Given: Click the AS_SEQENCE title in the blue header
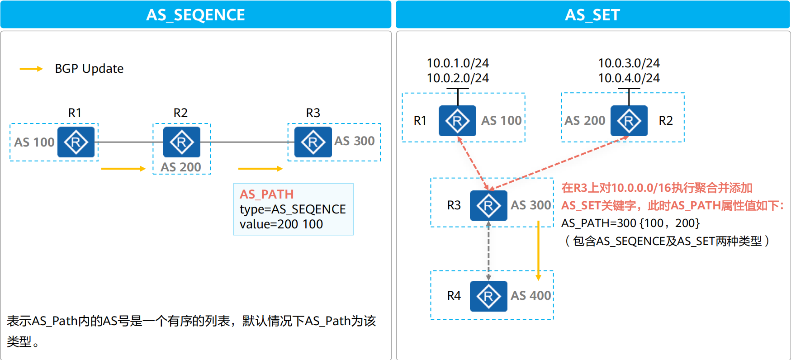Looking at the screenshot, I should (x=195, y=15).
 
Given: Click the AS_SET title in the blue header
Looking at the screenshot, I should (x=592, y=15).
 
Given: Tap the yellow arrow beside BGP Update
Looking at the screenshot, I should (x=31, y=69).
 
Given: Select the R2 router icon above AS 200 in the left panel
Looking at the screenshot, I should (x=181, y=142).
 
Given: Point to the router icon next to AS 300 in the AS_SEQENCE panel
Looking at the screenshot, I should (x=313, y=142).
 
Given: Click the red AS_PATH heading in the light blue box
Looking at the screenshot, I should (x=267, y=194).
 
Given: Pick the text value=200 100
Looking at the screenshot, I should (x=281, y=224).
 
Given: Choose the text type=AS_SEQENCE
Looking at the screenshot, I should (x=293, y=209).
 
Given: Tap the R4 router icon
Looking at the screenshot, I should (x=488, y=296).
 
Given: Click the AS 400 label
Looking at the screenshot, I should (x=531, y=296).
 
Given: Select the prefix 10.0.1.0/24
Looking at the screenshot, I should (x=458, y=63).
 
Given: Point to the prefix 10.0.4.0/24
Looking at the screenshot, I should (x=629, y=78).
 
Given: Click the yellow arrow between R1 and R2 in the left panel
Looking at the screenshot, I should (x=123, y=169).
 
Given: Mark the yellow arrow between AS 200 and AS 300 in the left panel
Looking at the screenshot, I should (x=260, y=169).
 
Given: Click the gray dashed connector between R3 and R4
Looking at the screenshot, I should (x=488, y=251).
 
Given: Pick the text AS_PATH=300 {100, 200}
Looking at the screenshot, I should (x=630, y=223).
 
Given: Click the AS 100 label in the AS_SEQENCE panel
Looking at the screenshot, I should (x=34, y=142).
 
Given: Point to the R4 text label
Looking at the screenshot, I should (x=454, y=296).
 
